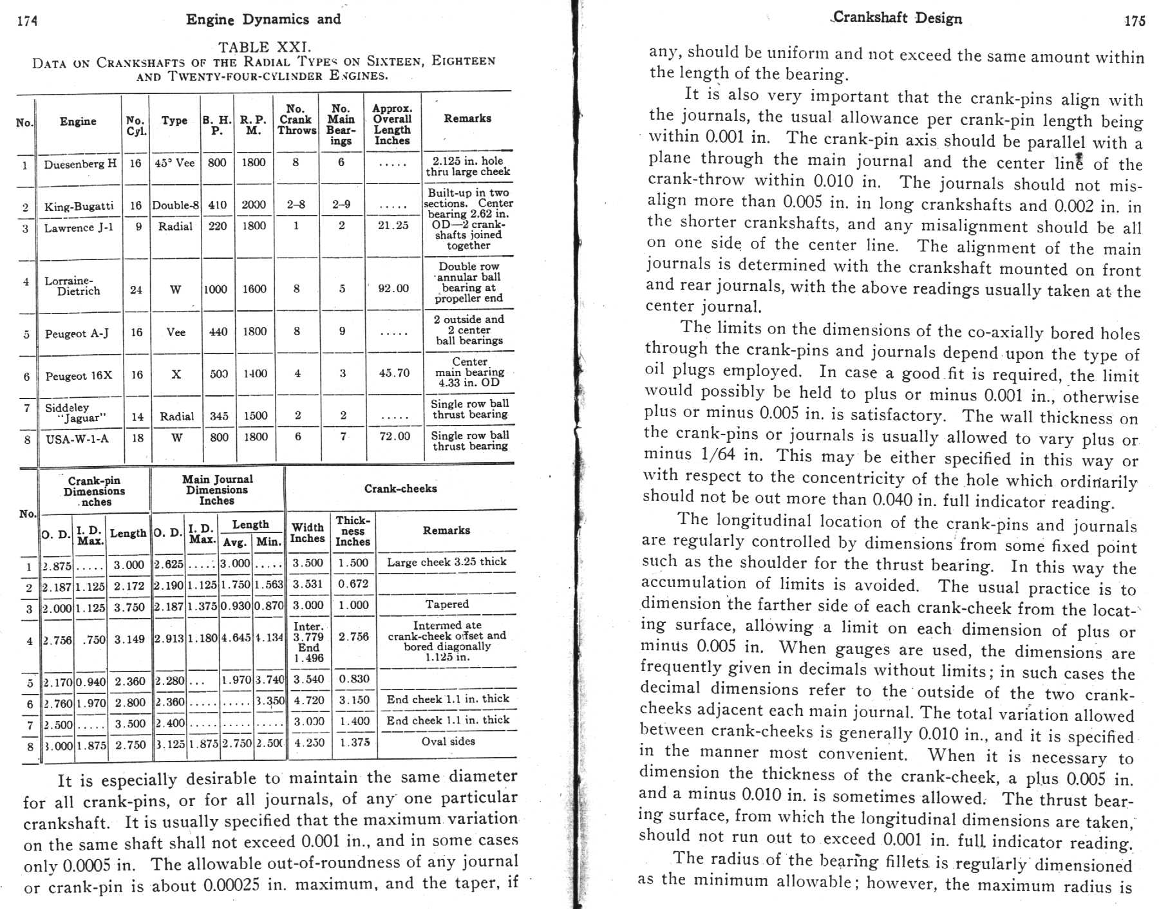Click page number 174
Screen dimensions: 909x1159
(x=27, y=21)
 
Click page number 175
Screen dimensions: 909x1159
(x=1135, y=21)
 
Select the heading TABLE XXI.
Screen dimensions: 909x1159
(x=264, y=47)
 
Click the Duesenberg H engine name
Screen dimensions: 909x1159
(x=80, y=164)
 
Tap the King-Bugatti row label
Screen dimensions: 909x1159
(x=79, y=206)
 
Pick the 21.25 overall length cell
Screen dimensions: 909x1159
(x=393, y=225)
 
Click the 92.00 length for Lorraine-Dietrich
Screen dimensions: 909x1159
(x=393, y=288)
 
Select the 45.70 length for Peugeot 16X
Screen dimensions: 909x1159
(x=393, y=373)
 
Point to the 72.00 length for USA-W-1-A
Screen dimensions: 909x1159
(x=394, y=436)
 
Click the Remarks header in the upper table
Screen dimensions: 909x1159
(x=467, y=118)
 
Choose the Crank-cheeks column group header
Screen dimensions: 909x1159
(x=400, y=489)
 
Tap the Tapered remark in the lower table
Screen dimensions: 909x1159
(x=447, y=604)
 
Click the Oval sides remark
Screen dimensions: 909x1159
(x=448, y=741)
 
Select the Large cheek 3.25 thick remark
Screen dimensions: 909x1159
(x=447, y=561)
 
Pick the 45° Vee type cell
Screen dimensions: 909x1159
(x=174, y=163)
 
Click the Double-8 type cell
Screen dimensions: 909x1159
(x=175, y=205)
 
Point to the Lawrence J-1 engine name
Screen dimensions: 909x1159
(x=79, y=227)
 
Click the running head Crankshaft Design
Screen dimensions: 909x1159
(x=897, y=17)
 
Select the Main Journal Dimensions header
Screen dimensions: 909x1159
(x=217, y=489)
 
